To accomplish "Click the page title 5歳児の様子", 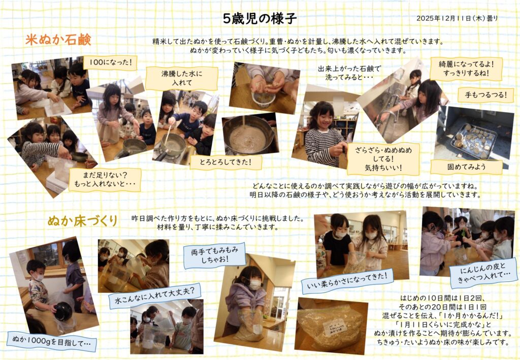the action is [259, 19].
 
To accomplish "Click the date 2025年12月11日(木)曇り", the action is [457, 19].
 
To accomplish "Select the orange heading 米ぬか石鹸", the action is [58, 40].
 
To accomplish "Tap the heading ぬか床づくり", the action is [82, 221].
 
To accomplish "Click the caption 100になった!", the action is [110, 62].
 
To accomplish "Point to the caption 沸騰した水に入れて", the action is [182, 78].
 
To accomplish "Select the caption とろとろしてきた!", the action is [226, 162].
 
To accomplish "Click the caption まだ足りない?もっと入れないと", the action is [105, 179].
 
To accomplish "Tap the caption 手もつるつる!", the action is [485, 95].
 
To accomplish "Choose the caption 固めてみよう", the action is [466, 167].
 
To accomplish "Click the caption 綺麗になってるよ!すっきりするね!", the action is [466, 69].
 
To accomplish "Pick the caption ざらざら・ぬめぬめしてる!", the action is [383, 159].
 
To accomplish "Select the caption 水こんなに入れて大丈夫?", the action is [154, 297].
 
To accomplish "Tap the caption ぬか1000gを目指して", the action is [52, 341].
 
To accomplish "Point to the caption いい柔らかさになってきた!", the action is [347, 281].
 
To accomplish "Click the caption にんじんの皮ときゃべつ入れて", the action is [484, 275].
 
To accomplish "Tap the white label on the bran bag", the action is [335, 326].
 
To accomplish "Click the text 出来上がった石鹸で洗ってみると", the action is [349, 73].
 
